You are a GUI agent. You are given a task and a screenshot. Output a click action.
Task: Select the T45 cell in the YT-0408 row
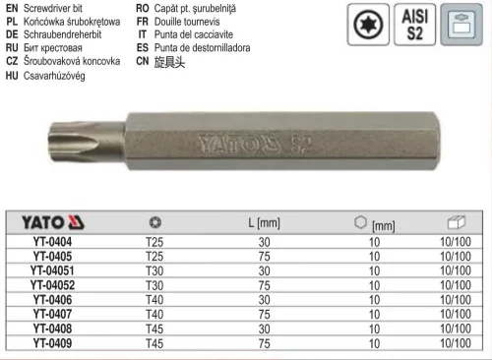(x=154, y=330)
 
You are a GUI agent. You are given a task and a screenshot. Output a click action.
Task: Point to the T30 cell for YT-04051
(x=154, y=270)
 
